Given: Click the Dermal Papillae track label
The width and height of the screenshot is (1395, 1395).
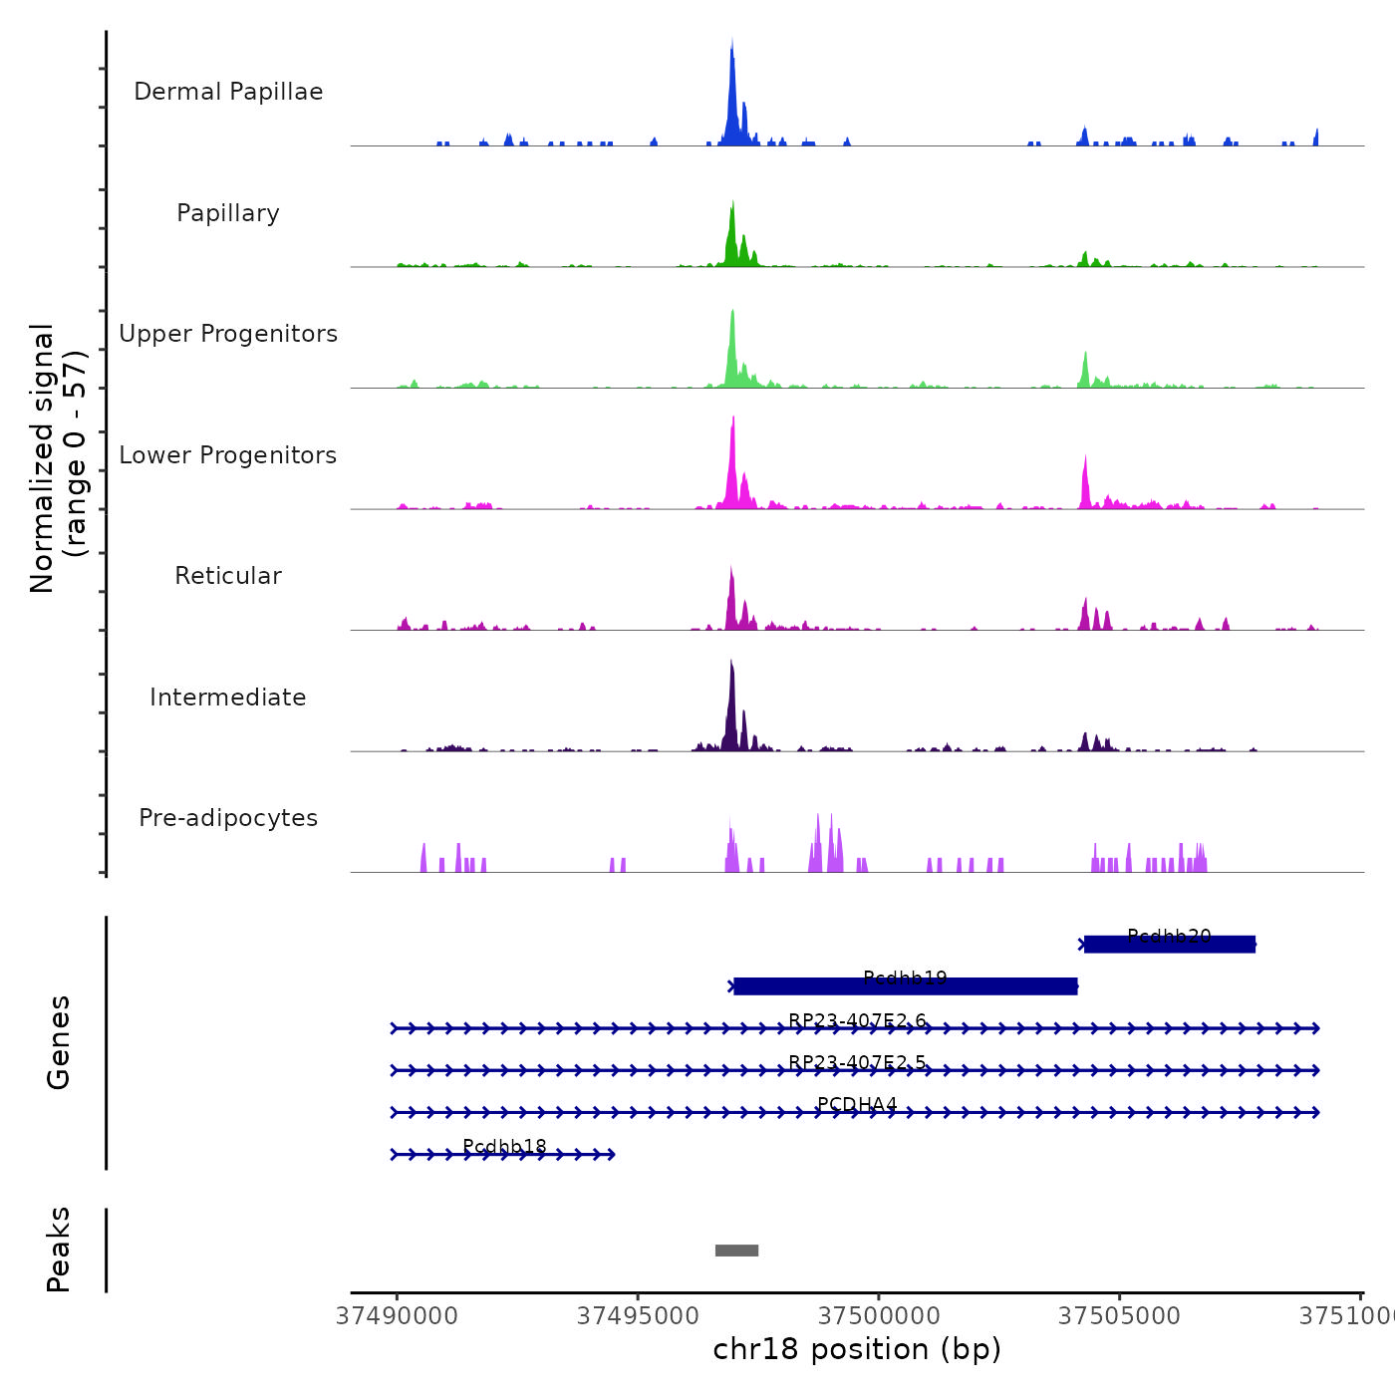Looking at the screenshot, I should pyautogui.click(x=228, y=92).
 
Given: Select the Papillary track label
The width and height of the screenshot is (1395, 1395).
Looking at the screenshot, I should pyautogui.click(x=228, y=213).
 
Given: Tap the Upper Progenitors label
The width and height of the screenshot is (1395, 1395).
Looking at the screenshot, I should pyautogui.click(x=228, y=334).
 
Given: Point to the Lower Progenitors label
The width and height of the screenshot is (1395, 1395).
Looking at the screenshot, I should pyautogui.click(x=228, y=455).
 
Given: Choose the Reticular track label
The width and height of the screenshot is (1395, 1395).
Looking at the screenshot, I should pyautogui.click(x=228, y=576).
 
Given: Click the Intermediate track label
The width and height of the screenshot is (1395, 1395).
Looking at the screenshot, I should pyautogui.click(x=228, y=697).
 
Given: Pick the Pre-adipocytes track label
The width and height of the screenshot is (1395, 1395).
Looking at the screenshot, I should pyautogui.click(x=228, y=818).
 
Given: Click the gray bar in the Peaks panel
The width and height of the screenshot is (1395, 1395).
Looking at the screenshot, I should pyautogui.click(x=736, y=1251).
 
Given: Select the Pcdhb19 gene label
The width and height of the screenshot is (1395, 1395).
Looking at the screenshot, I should pyautogui.click(x=905, y=978).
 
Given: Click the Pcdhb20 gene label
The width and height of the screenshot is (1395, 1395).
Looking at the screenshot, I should pyautogui.click(x=1169, y=937).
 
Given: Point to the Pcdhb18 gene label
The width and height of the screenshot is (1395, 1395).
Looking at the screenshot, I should pyautogui.click(x=504, y=1147).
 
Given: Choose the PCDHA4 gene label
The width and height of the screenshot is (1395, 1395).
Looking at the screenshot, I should pyautogui.click(x=857, y=1104).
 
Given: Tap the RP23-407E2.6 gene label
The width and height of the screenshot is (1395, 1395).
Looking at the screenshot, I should pyautogui.click(x=857, y=1020).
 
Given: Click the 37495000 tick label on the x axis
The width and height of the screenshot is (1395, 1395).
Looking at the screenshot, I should pyautogui.click(x=638, y=1316).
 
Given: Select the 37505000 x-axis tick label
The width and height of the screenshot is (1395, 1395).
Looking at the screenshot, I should pyautogui.click(x=1119, y=1316).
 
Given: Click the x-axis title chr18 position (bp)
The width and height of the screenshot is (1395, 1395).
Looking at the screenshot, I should pyautogui.click(x=857, y=1349).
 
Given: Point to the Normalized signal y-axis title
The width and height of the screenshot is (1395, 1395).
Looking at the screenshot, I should pyautogui.click(x=58, y=458).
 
